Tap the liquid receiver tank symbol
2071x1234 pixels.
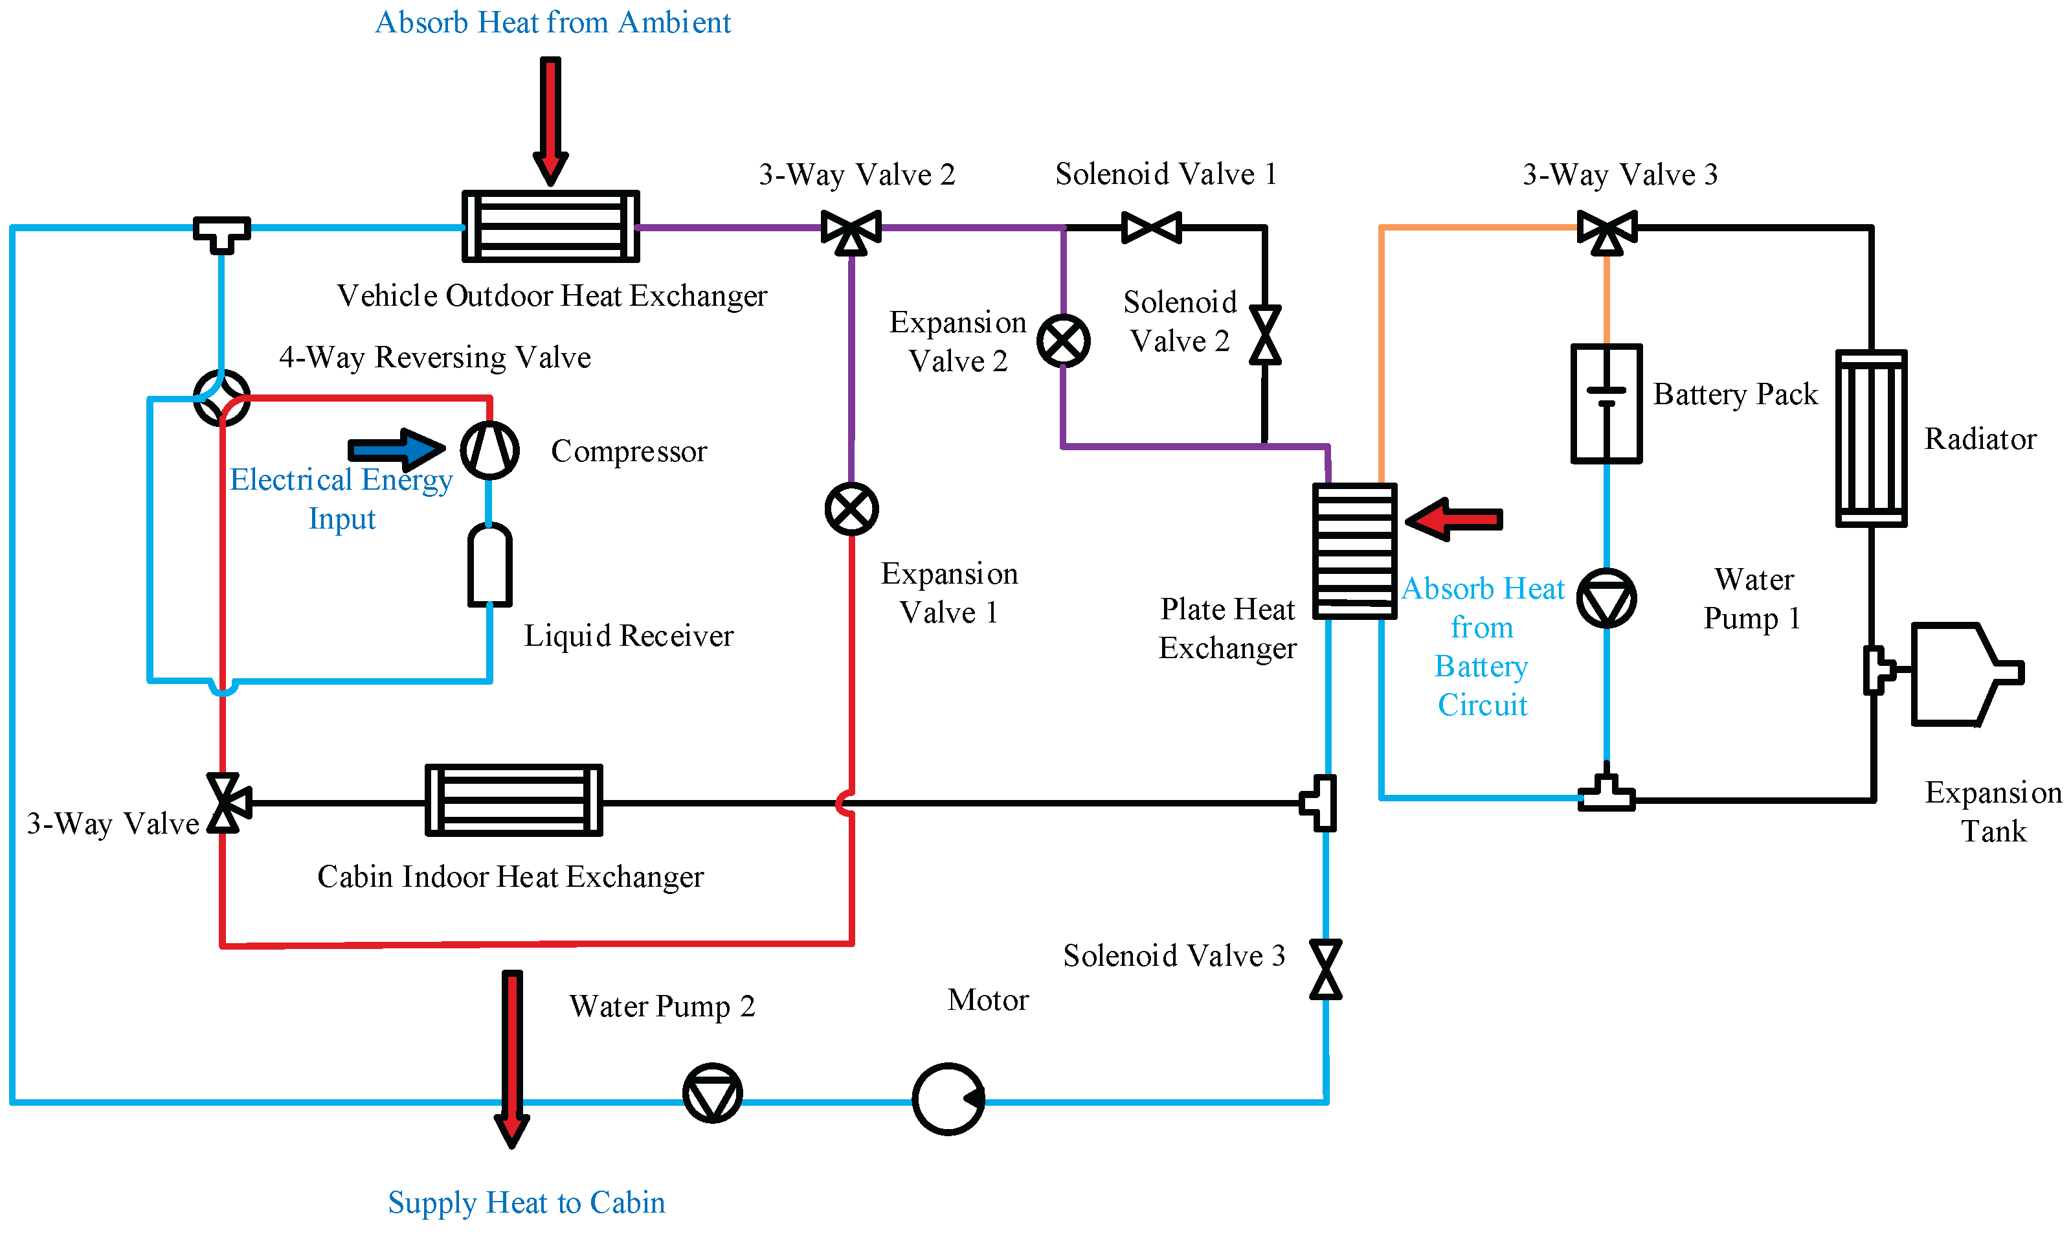pyautogui.click(x=489, y=566)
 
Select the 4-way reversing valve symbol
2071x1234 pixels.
pyautogui.click(x=222, y=398)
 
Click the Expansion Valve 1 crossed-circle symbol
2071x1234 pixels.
pyautogui.click(x=852, y=509)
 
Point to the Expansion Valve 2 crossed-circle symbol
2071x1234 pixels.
pyautogui.click(x=1064, y=341)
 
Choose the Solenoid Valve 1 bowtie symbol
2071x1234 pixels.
pyautogui.click(x=1151, y=227)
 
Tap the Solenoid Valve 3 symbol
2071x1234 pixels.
pyautogui.click(x=1326, y=969)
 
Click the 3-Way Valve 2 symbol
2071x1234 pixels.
pyautogui.click(x=852, y=231)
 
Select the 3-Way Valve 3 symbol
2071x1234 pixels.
pyautogui.click(x=1607, y=231)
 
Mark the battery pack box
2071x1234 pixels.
pyautogui.click(x=1606, y=404)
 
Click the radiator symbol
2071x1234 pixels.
pyautogui.click(x=1872, y=439)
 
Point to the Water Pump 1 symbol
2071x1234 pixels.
pyautogui.click(x=1606, y=599)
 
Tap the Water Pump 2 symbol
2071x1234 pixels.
pyautogui.click(x=712, y=1093)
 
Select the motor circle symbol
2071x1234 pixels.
pyautogui.click(x=948, y=1099)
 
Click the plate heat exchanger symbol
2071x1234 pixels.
pyautogui.click(x=1354, y=551)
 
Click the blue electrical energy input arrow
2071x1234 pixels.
pyautogui.click(x=396, y=450)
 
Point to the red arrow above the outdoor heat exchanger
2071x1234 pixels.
pyautogui.click(x=550, y=121)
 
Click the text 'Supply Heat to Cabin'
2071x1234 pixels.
pyautogui.click(x=526, y=1202)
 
